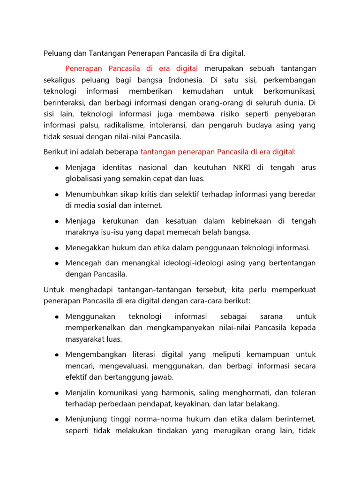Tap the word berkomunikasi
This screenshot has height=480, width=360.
tap(290, 91)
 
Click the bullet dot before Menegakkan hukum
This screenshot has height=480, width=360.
tap(56, 248)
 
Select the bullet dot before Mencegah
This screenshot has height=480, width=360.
tap(56, 263)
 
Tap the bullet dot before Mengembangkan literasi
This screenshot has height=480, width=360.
tap(56, 355)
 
